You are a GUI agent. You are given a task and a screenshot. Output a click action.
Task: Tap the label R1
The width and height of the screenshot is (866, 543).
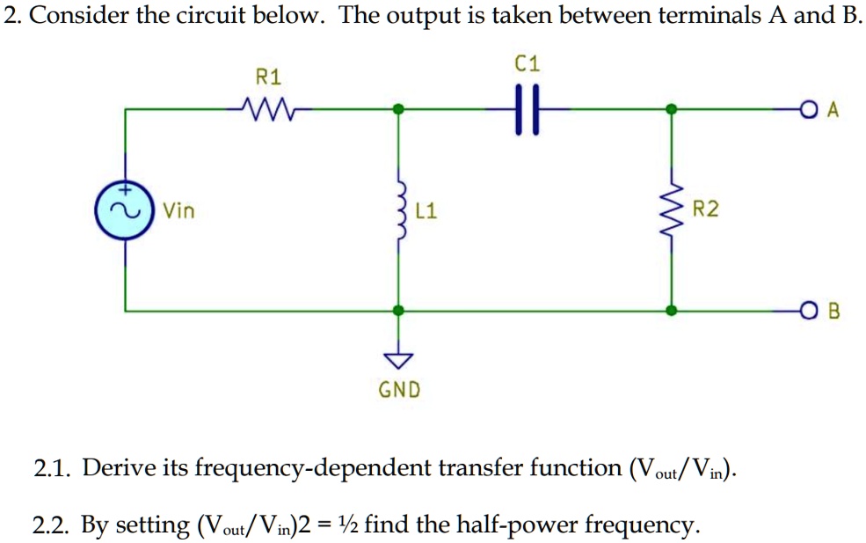[267, 77]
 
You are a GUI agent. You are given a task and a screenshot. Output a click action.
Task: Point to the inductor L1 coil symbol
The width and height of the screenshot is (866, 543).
[399, 210]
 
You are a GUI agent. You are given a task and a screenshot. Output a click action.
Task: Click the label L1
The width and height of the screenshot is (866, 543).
[426, 211]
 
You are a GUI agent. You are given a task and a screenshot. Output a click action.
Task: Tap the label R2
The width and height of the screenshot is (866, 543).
[705, 209]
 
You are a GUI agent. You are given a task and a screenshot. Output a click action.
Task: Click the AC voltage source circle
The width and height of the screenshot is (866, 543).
[124, 210]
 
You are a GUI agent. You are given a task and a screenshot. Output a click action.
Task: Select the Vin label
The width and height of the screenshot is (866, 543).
[179, 211]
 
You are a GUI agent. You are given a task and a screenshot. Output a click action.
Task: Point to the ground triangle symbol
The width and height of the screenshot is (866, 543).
[399, 359]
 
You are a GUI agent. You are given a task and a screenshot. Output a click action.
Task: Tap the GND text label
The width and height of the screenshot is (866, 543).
[399, 389]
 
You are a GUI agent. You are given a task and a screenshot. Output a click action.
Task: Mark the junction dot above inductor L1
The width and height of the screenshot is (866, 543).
[399, 109]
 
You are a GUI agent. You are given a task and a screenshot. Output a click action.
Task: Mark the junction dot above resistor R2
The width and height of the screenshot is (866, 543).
[673, 109]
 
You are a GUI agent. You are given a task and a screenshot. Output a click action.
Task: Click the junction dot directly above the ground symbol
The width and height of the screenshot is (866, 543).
[399, 311]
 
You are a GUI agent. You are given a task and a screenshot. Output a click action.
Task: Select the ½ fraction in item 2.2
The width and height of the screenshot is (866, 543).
[350, 525]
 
